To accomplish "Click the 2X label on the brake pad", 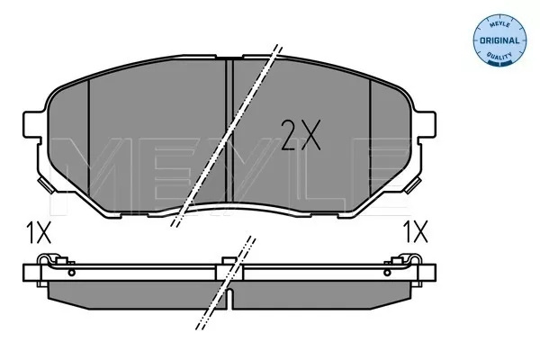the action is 301,135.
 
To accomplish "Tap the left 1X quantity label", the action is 39,232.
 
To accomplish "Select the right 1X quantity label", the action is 415,232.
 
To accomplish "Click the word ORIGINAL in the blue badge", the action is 499,40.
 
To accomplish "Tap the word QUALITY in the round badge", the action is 499,56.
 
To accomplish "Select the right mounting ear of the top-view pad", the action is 426,124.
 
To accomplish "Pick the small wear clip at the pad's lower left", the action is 47,185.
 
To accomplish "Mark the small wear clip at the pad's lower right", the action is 413,185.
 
